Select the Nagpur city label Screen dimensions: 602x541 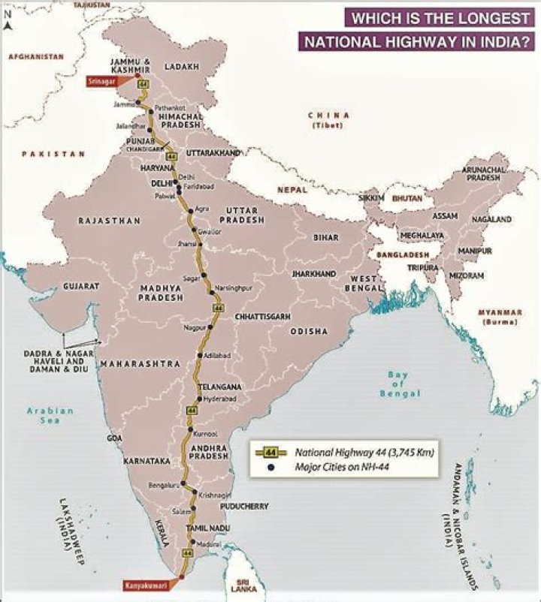click(x=194, y=328)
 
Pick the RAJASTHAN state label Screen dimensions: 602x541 click(x=109, y=221)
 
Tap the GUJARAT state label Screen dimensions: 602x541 click(x=81, y=286)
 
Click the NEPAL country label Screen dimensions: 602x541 click(x=292, y=190)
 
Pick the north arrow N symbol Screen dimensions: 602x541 click(x=8, y=23)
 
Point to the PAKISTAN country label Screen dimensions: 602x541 click(x=53, y=154)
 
